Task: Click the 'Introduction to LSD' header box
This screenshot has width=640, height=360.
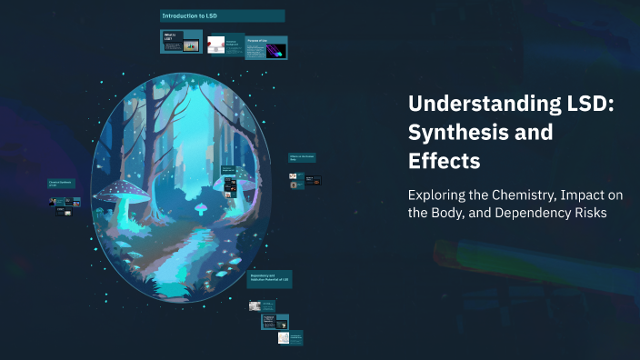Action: click(222, 16)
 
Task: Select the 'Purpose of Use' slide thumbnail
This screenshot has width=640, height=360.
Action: click(268, 47)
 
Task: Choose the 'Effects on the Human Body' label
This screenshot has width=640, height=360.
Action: click(302, 158)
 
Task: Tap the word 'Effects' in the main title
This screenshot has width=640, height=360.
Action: click(445, 162)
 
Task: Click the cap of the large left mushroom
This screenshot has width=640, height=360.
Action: click(119, 190)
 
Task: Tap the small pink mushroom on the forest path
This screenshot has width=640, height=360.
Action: click(201, 207)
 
